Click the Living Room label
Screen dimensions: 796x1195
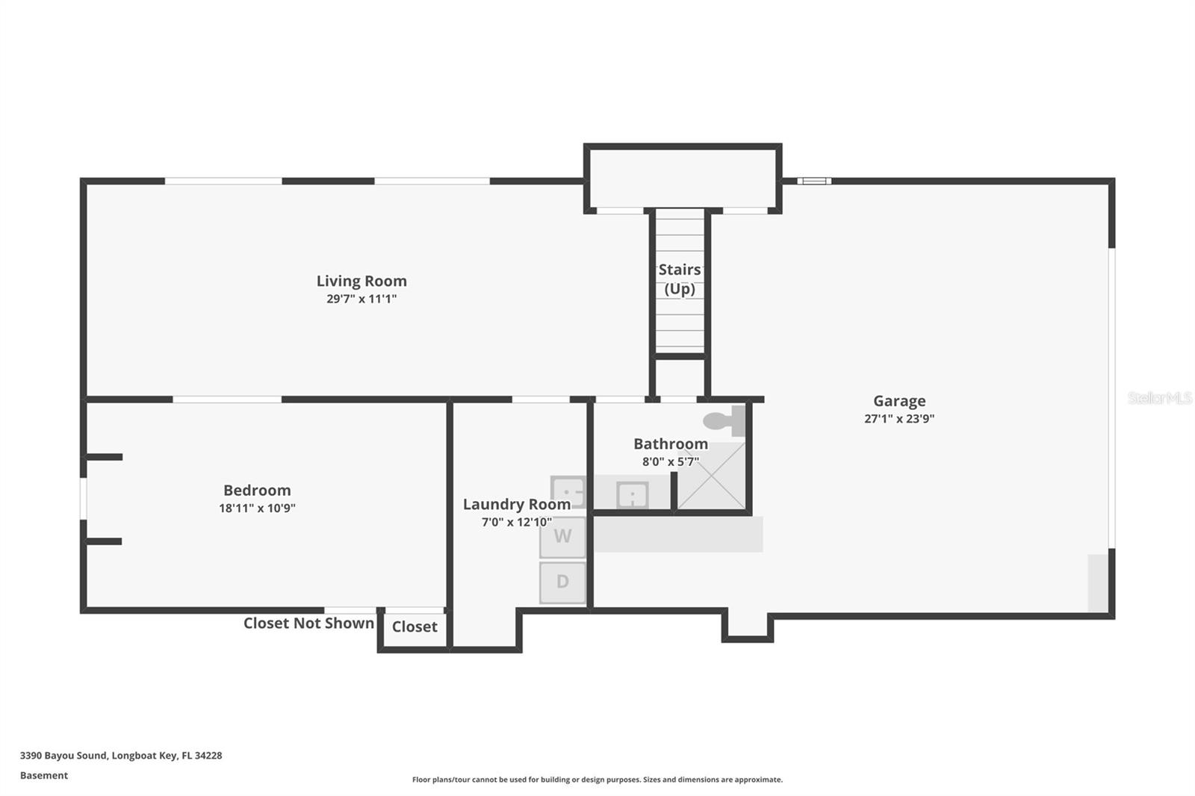click(x=361, y=281)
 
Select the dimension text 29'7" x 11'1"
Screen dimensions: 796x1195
click(x=361, y=299)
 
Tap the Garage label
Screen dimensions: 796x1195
click(x=899, y=401)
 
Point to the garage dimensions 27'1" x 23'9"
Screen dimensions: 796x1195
click(x=899, y=419)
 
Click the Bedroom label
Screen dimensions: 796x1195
click(x=257, y=490)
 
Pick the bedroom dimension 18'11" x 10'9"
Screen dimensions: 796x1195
click(x=257, y=508)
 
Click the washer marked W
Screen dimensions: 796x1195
click(x=563, y=536)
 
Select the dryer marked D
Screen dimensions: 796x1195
click(x=563, y=582)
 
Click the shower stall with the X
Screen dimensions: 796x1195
click(x=711, y=476)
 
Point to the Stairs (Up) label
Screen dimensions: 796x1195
click(x=680, y=279)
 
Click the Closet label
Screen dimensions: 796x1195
click(x=415, y=626)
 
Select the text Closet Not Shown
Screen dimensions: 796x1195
click(x=308, y=623)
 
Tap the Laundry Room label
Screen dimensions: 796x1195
click(x=517, y=504)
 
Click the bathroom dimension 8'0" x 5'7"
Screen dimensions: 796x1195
click(x=671, y=461)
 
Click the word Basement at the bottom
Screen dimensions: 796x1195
click(x=43, y=775)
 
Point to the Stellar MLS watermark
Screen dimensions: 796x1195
click(x=1159, y=398)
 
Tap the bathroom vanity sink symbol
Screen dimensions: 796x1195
click(x=632, y=494)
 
